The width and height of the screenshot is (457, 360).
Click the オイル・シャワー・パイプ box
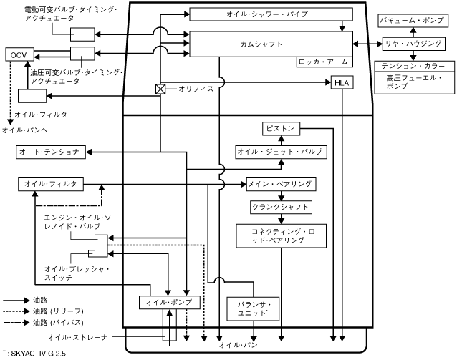[271, 15]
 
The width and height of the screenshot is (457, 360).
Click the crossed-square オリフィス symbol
[161, 89]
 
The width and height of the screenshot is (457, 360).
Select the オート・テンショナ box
[51, 152]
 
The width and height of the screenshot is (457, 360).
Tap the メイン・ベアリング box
[279, 184]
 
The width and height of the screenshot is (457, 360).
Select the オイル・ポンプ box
[168, 302]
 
